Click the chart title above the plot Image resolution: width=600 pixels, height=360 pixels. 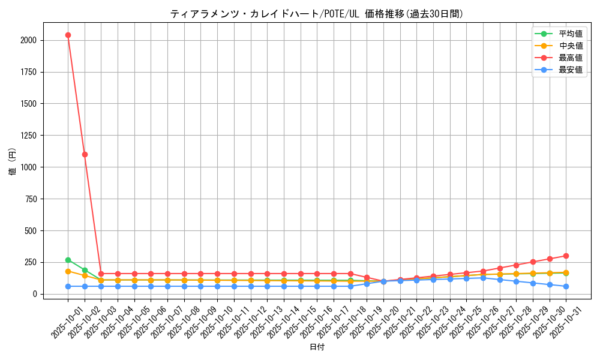[316, 14]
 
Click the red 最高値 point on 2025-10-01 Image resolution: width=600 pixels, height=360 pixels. [68, 35]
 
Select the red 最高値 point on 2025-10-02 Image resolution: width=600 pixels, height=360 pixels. [85, 154]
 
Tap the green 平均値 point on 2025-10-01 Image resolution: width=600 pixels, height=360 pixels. [68, 260]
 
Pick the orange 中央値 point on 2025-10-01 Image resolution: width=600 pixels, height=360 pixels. [68, 271]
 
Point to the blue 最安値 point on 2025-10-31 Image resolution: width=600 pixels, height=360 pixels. [566, 286]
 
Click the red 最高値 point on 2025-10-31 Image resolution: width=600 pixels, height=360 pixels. [566, 256]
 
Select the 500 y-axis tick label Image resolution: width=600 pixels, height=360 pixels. [29, 230]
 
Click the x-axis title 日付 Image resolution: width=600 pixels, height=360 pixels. [316, 347]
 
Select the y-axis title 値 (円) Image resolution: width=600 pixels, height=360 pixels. [12, 161]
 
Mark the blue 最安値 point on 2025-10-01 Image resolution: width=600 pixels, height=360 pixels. [68, 286]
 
